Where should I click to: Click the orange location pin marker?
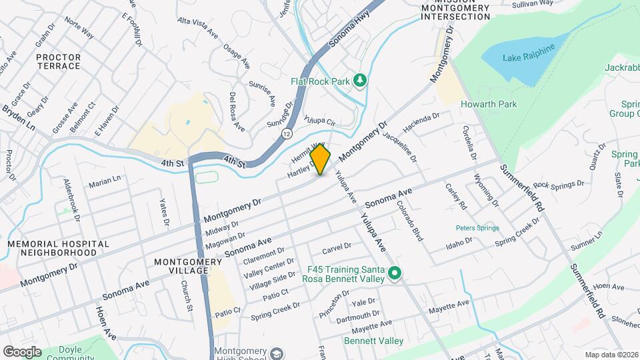[321, 159]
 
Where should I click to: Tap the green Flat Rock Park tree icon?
[360, 81]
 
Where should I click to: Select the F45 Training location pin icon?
[394, 274]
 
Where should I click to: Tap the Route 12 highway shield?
[287, 134]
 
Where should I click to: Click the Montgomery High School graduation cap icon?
[277, 353]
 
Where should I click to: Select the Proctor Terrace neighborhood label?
[59, 62]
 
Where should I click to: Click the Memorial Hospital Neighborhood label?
[58, 249]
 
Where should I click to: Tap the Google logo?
[22, 352]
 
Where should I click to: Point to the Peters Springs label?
[477, 228]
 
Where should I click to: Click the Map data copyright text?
[611, 355]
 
